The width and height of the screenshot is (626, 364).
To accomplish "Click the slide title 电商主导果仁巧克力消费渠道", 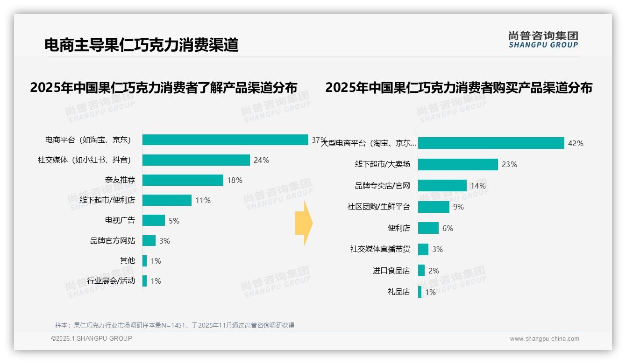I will tap(141, 45).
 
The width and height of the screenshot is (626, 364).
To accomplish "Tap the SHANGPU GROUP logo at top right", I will tap(543, 40).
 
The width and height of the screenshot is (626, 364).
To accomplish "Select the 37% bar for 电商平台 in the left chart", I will tap(225, 140).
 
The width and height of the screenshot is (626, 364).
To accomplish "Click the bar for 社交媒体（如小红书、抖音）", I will tap(196, 160).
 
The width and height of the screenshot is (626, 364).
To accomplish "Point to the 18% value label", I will tap(235, 180).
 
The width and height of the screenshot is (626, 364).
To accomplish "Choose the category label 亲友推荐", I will tap(120, 180).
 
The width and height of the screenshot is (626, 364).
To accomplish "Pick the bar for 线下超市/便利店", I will tap(167, 200).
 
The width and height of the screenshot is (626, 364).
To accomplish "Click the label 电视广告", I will tap(120, 220).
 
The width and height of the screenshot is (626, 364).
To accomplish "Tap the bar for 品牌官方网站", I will tap(149, 240).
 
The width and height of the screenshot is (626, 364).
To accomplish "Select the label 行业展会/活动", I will tap(111, 281).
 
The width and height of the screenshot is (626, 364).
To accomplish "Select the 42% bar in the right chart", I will tap(491, 143).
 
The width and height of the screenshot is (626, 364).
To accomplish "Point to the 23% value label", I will tap(509, 164).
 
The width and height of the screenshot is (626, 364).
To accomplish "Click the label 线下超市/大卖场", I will tap(382, 164).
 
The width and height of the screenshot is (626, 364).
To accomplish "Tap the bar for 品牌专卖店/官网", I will tap(442, 186).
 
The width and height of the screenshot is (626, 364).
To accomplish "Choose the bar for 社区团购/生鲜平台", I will tap(434, 207).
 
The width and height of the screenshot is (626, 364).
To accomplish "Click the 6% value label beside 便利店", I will tap(448, 228).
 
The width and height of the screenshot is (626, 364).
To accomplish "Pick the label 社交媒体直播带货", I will tap(380, 249).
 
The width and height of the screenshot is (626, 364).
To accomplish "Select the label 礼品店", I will tap(398, 292).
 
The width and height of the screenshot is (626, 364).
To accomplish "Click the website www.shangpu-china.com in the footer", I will tap(544, 339).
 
